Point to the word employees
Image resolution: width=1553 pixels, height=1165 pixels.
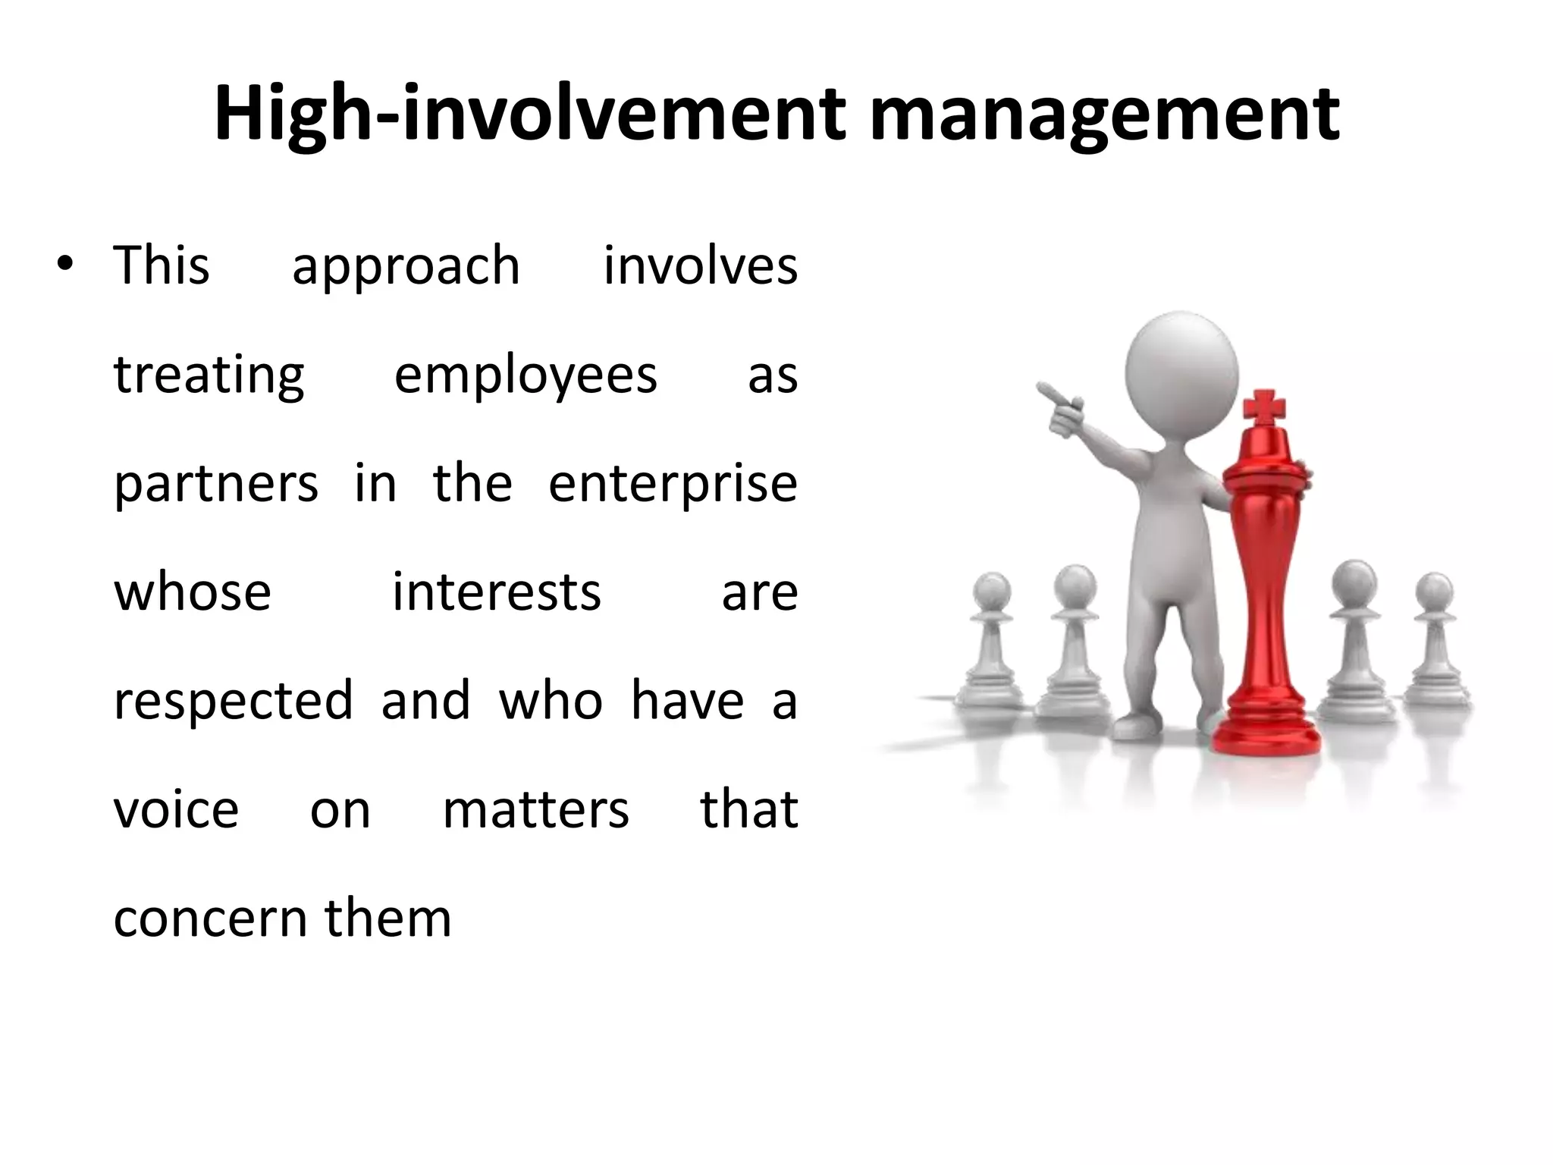526,376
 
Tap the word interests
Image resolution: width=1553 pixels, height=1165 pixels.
497,592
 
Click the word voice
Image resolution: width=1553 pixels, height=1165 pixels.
176,809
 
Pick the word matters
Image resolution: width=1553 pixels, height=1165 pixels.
535,809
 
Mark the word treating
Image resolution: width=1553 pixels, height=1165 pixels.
209,376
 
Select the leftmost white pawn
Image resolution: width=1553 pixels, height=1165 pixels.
990,652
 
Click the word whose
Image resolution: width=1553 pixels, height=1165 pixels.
193,592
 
